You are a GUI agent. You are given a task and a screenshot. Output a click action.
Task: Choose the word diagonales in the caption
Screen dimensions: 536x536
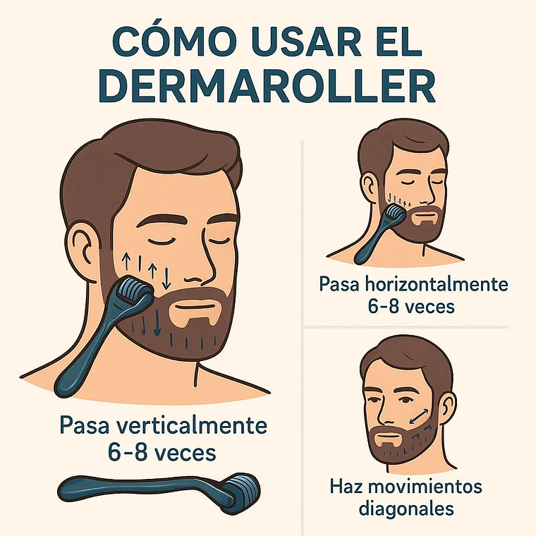coord(406,509)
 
